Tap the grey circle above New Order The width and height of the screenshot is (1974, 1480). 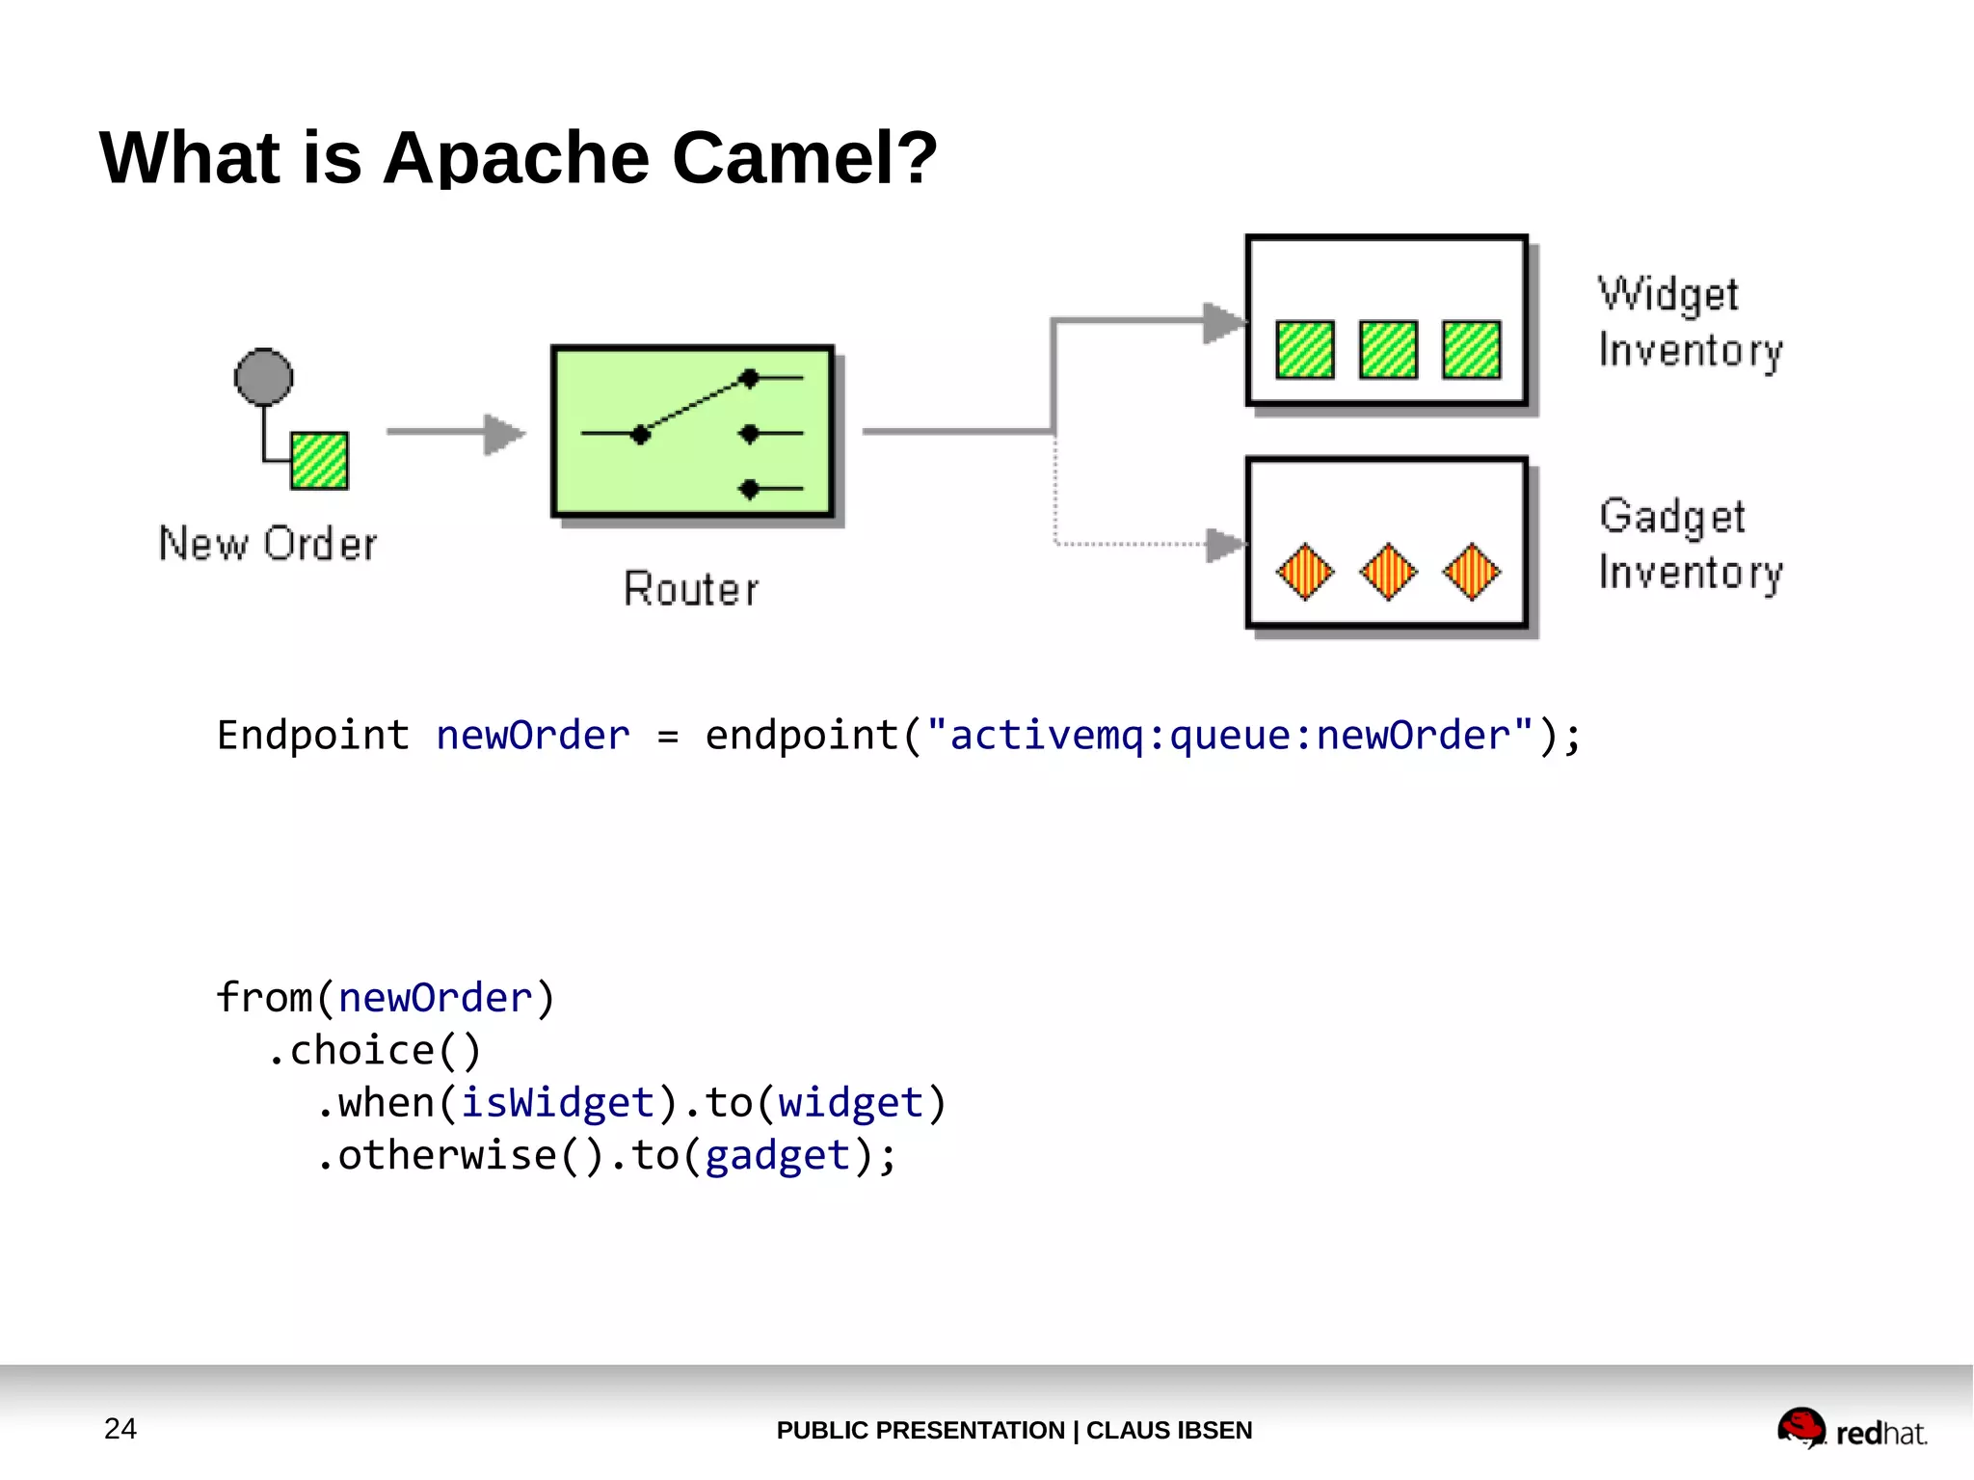(x=263, y=376)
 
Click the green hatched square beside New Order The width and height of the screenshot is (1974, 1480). (x=319, y=461)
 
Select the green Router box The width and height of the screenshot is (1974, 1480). (x=692, y=432)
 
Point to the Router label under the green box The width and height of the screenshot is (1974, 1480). (x=691, y=589)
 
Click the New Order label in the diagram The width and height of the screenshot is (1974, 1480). (x=268, y=544)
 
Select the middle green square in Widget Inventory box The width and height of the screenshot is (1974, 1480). (x=1388, y=349)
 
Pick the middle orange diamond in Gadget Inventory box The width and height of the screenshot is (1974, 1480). (x=1388, y=572)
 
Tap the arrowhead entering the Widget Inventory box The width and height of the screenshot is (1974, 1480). (x=1224, y=322)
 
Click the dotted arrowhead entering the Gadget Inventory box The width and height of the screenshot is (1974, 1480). (x=1225, y=545)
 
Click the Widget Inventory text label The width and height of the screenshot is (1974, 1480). (x=1690, y=322)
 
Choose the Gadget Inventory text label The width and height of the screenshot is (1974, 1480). (x=1690, y=544)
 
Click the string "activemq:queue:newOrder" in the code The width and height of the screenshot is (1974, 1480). (x=1229, y=736)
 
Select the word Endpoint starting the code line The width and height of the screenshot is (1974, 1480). (x=313, y=736)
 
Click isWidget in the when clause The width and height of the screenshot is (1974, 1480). (x=557, y=1103)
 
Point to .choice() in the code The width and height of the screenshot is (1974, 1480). (x=374, y=1051)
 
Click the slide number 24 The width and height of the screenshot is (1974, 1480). (x=120, y=1429)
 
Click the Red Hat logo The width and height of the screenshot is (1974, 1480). (x=1851, y=1429)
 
